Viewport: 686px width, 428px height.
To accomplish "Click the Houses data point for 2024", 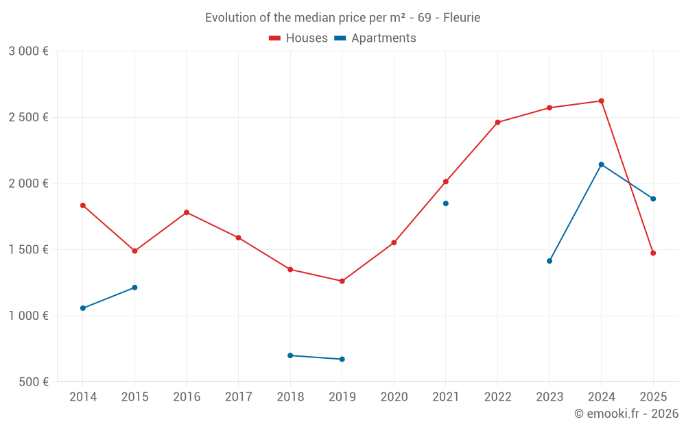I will coord(601,101).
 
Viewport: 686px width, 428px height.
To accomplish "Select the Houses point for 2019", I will coord(342,281).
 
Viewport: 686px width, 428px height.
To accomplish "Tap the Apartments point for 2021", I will coord(446,203).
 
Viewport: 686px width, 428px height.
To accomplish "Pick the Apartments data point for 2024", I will coord(601,164).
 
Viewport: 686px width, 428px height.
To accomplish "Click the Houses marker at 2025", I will coord(653,253).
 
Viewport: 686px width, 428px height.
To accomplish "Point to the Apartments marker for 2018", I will coord(290,355).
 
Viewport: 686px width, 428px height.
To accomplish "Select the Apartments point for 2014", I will coord(83,308).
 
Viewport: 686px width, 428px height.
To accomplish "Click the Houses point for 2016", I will coord(187,212).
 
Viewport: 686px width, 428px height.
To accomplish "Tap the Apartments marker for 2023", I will coord(549,261).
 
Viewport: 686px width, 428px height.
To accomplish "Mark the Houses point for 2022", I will coord(497,123).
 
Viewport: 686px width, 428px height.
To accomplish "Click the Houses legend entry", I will coord(298,38).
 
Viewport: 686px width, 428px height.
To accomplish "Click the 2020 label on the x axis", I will coord(394,397).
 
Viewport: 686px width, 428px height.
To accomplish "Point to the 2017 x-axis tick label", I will coord(238,397).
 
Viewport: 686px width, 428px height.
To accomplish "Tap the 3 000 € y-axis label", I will coord(28,51).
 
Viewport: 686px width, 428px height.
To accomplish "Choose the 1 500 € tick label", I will coord(28,250).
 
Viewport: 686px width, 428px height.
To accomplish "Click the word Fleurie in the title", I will coord(462,18).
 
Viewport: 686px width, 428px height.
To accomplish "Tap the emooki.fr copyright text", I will coord(626,414).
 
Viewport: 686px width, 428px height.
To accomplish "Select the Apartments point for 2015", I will coord(134,288).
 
